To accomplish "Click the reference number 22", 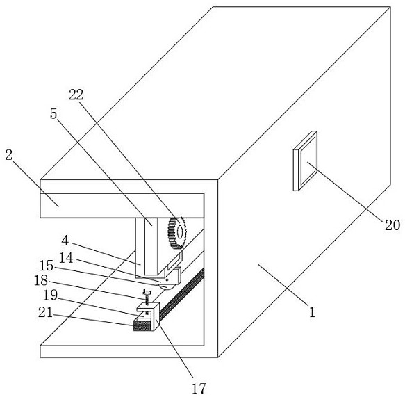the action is point(76,95).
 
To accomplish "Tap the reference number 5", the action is point(53,114).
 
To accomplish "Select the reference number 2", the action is point(9,155).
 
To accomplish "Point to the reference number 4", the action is point(65,241).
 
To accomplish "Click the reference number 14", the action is point(66,258).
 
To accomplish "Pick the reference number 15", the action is point(47,266).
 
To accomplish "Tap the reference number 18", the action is point(41,280).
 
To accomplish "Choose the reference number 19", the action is point(51,295).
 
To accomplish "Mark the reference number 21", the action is point(45,312).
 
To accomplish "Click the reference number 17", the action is point(199,389).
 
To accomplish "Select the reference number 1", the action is point(313,312).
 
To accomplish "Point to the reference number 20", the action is point(392,225).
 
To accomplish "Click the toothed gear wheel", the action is point(177,233).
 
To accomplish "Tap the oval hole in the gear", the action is point(180,232).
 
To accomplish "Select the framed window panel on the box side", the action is point(305,161).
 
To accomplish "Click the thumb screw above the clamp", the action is point(147,297).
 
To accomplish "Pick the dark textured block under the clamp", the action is point(142,325).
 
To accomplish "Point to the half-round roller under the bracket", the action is point(166,286).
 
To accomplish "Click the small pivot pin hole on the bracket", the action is point(167,280).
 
